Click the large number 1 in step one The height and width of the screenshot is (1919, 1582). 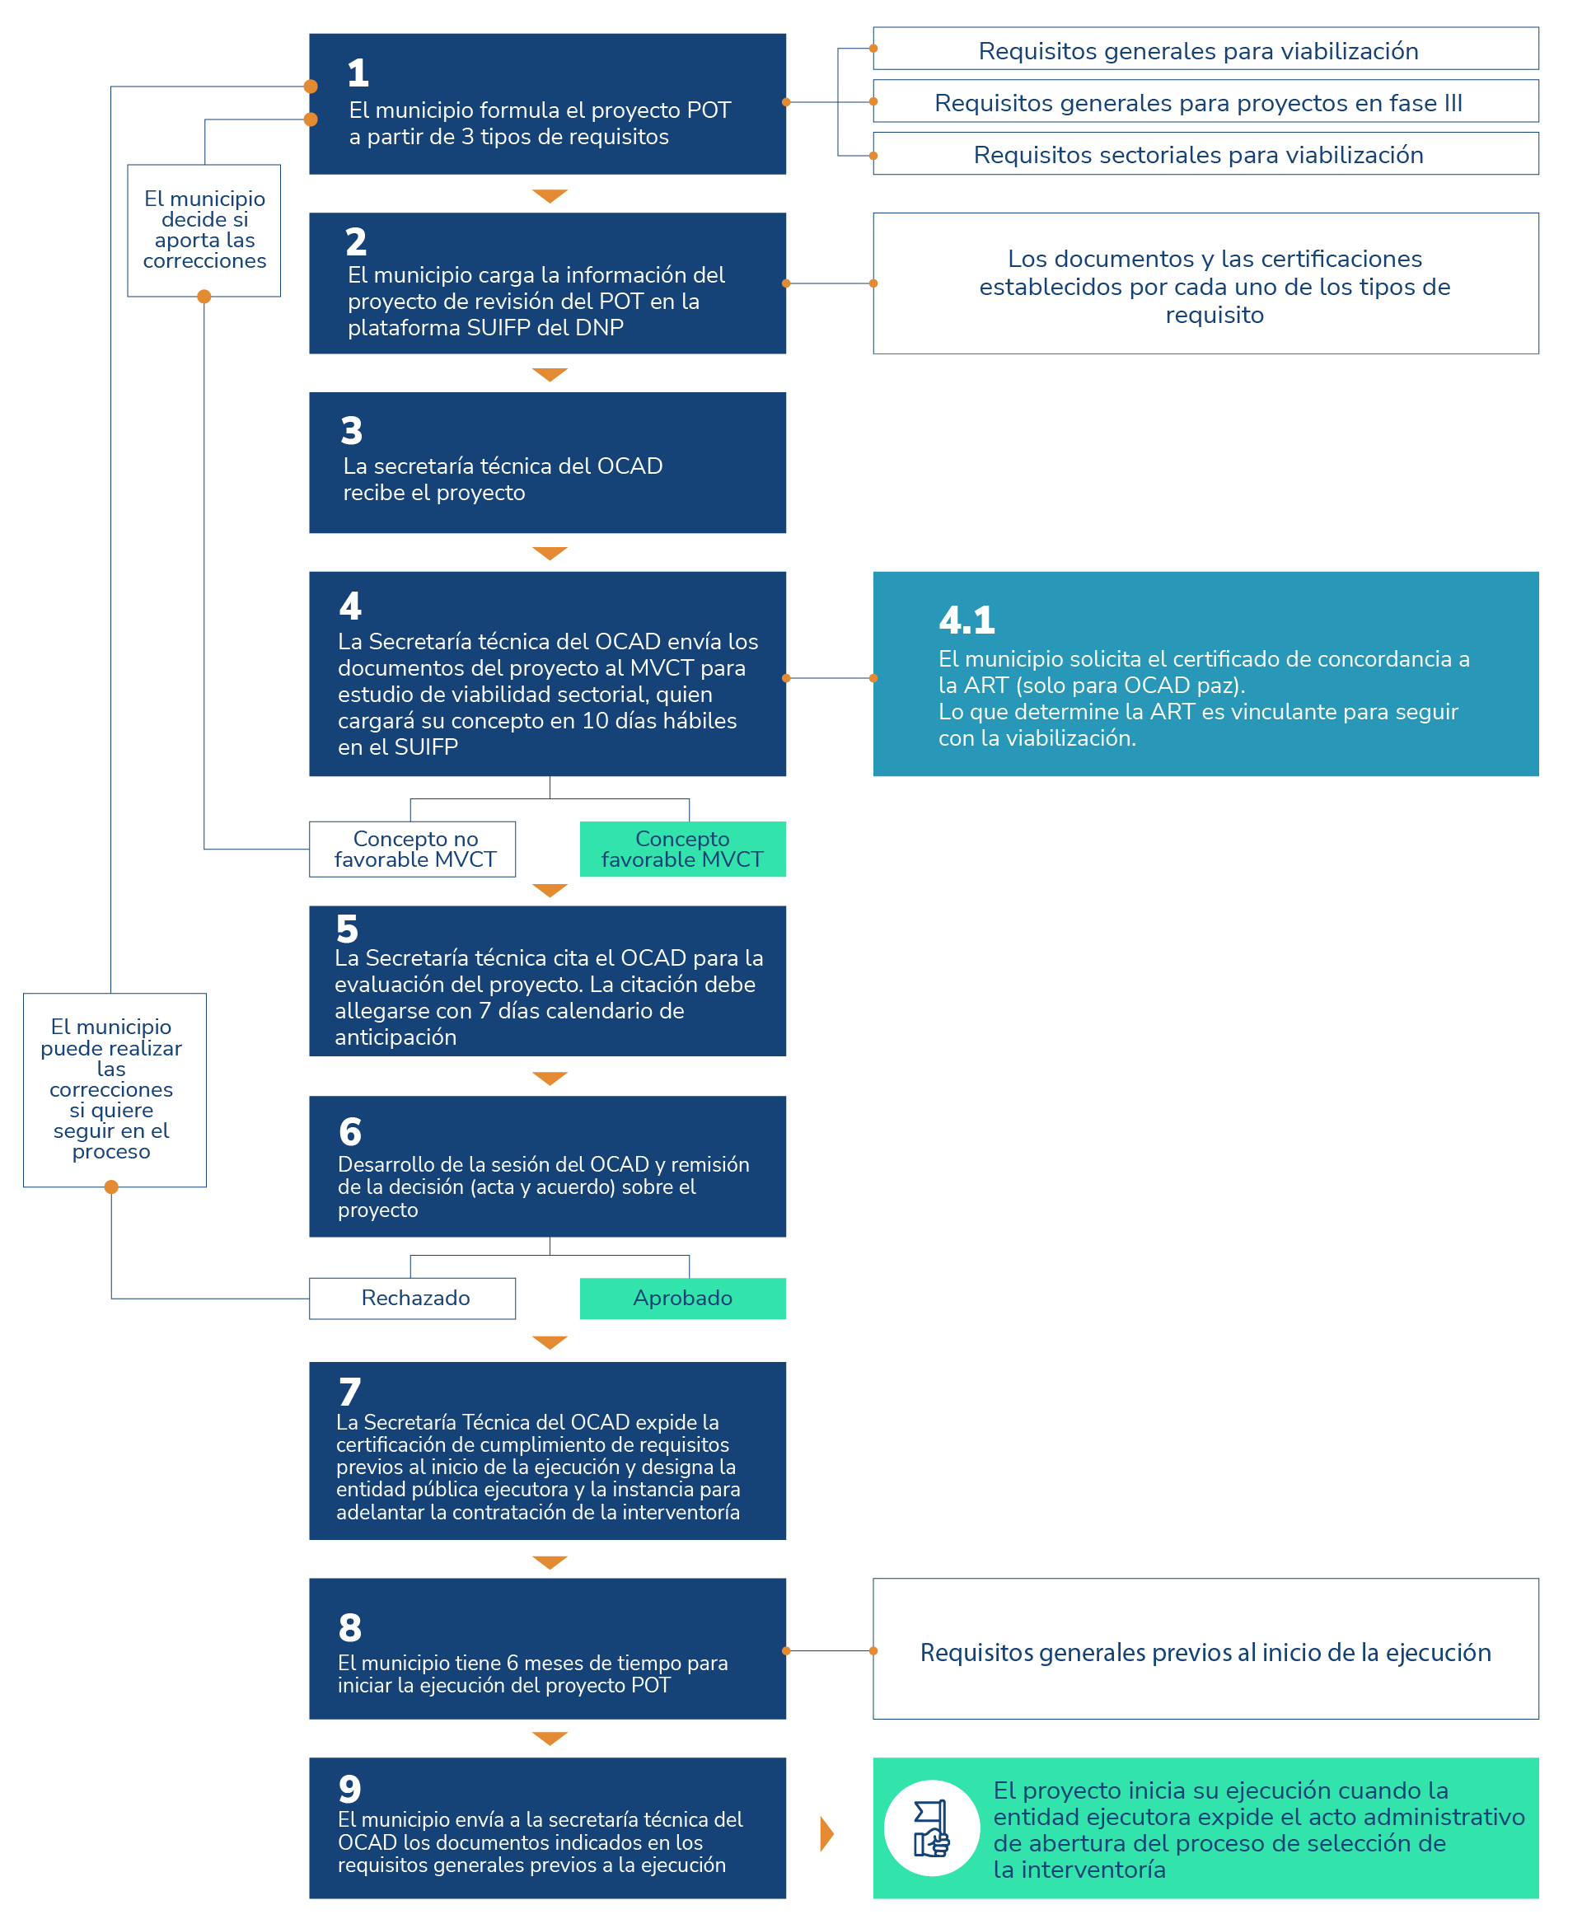(358, 73)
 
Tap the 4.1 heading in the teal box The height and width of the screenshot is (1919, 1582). (966, 620)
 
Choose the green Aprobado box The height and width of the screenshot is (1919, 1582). (682, 1298)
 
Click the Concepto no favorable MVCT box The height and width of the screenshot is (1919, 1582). (413, 849)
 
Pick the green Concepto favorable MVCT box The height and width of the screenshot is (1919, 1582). (682, 849)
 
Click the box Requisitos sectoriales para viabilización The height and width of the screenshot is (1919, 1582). (1205, 154)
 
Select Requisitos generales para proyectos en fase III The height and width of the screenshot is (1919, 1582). (1205, 102)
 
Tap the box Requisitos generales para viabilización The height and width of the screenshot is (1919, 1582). (1205, 50)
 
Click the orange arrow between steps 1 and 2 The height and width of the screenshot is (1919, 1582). (550, 196)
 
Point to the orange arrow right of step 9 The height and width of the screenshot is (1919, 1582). (826, 1833)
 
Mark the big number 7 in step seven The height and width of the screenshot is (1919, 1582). (350, 1392)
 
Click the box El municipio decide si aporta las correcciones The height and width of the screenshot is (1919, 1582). (204, 230)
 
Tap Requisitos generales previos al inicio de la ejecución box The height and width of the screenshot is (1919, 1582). (1205, 1651)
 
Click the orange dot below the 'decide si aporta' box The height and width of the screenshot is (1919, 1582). (204, 296)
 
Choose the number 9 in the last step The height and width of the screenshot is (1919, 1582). (350, 1789)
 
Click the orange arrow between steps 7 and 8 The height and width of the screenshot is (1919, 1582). (550, 1561)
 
